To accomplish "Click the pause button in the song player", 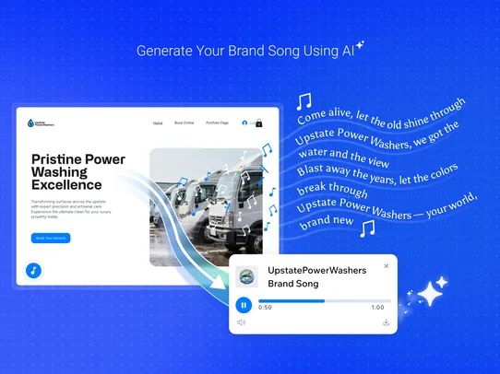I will pyautogui.click(x=244, y=305).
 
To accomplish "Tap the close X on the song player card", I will pyautogui.click(x=386, y=266).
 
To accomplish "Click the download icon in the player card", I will pyautogui.click(x=386, y=322).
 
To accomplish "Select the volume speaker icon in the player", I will pyautogui.click(x=242, y=322).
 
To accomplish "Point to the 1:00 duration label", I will pyautogui.click(x=377, y=308).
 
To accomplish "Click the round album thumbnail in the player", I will pyautogui.click(x=246, y=276).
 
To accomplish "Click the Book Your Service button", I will pyautogui.click(x=51, y=238).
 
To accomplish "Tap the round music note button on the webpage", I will pyautogui.click(x=33, y=271).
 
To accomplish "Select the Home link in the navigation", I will pyautogui.click(x=158, y=123).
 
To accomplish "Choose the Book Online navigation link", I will pyautogui.click(x=185, y=123).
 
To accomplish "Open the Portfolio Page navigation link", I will pyautogui.click(x=217, y=123).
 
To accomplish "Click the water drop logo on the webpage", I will pyautogui.click(x=30, y=122).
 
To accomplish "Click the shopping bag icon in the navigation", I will pyautogui.click(x=259, y=123).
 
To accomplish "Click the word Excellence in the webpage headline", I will pyautogui.click(x=66, y=185).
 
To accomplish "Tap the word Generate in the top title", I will pyautogui.click(x=160, y=52).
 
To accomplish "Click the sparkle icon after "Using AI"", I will pyautogui.click(x=360, y=47).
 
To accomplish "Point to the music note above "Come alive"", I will pyautogui.click(x=304, y=101).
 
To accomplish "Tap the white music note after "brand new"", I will pyautogui.click(x=367, y=228).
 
